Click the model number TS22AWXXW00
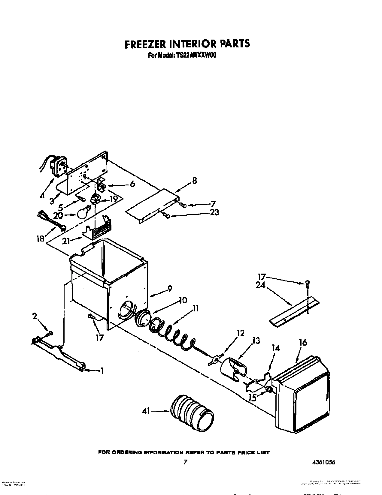tap(195, 55)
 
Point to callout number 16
tap(303, 342)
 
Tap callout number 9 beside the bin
tap(170, 289)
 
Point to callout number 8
tap(195, 181)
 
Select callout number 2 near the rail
tap(35, 316)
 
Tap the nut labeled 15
tap(269, 390)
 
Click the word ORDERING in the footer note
tap(130, 452)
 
